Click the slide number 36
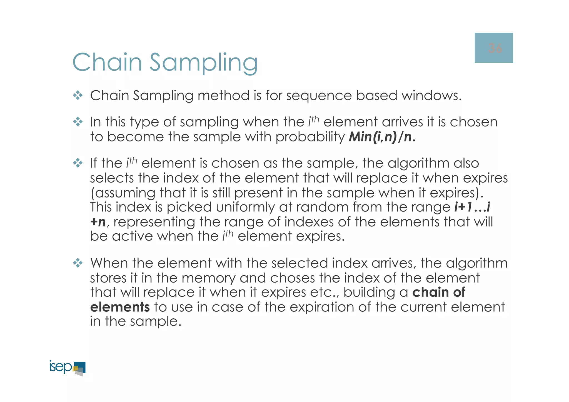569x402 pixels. (x=495, y=48)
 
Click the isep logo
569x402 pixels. (x=68, y=368)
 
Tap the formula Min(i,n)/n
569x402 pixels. (x=382, y=137)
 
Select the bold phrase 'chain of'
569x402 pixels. (x=439, y=292)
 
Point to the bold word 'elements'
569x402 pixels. (x=120, y=307)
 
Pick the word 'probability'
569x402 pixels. (x=310, y=137)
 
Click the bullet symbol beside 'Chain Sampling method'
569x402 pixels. (x=78, y=96)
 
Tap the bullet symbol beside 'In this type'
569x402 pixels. (x=78, y=122)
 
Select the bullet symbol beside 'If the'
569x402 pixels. (x=78, y=163)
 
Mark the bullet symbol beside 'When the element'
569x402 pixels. (x=78, y=263)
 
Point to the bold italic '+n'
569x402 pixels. (x=98, y=222)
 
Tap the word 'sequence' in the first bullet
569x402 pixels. (x=319, y=96)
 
